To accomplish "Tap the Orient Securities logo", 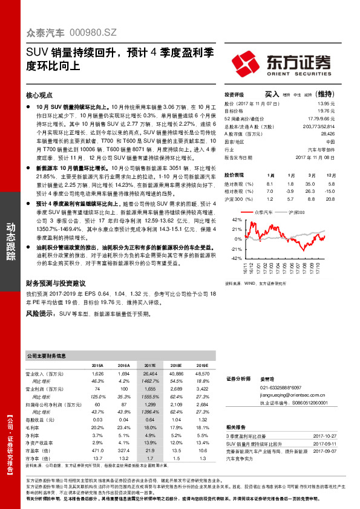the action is (x=281, y=62).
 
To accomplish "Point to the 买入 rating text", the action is (x=272, y=94).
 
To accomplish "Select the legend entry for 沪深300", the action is (x=298, y=213).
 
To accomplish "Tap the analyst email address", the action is (x=291, y=394).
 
